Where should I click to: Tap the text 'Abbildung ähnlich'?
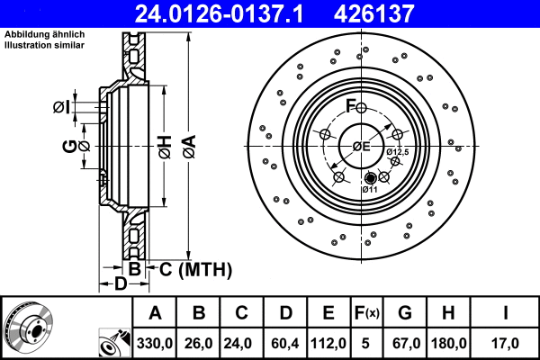click(x=45, y=35)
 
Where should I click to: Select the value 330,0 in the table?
click(x=155, y=342)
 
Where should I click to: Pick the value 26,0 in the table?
click(x=199, y=342)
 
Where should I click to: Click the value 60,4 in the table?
click(x=285, y=342)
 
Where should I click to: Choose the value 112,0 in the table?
click(x=328, y=342)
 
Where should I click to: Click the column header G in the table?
click(x=405, y=313)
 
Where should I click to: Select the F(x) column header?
click(x=366, y=313)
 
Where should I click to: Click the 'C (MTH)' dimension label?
click(x=196, y=269)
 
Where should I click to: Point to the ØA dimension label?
click(x=187, y=145)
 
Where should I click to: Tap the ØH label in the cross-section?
click(x=164, y=145)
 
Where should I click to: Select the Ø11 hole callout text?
click(x=370, y=189)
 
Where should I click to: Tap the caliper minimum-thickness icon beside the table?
click(x=112, y=343)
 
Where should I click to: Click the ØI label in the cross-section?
click(x=61, y=106)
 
